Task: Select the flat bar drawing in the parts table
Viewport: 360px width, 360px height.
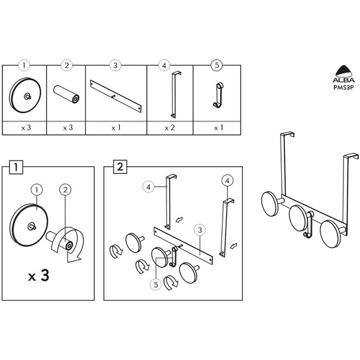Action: coord(116,95)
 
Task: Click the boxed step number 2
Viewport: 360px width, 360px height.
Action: coord(120,168)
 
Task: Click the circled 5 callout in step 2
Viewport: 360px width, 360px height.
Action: coord(155,285)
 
